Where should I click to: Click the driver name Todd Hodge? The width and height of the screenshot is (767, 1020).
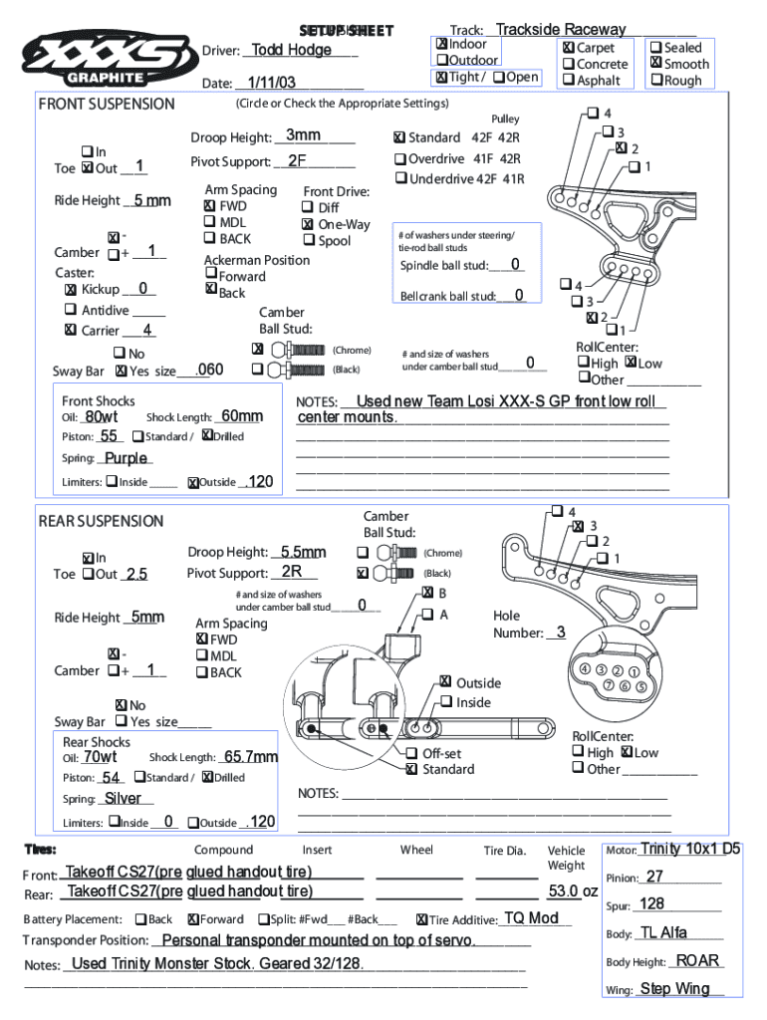pos(292,50)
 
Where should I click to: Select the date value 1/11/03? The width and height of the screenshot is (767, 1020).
pos(272,83)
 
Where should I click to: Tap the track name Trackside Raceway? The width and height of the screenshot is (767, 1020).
pos(561,30)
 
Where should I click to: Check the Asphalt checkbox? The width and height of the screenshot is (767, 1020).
pos(567,81)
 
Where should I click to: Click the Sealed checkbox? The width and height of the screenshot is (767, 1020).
pos(654,47)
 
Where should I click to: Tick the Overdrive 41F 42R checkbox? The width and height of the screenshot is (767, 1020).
pos(399,159)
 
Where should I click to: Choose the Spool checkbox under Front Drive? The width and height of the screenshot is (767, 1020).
pos(307,241)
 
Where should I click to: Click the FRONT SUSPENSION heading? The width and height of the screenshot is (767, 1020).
pos(107,104)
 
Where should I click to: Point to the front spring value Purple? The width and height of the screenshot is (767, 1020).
pos(126,458)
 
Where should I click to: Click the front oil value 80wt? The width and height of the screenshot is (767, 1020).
pos(102,416)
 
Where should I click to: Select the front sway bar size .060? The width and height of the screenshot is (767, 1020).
pos(209,371)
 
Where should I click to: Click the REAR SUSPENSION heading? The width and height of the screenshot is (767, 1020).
pos(101,521)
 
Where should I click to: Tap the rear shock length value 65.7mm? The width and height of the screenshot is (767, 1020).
pos(251,757)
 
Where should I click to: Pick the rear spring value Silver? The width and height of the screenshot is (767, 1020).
pos(123,798)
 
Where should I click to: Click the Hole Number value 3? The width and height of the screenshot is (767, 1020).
pos(561,633)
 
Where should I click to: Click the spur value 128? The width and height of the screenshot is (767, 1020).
pos(652,903)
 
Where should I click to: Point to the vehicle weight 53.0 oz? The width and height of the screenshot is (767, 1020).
pos(573,892)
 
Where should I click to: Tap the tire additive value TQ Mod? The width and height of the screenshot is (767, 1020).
pos(531,917)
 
